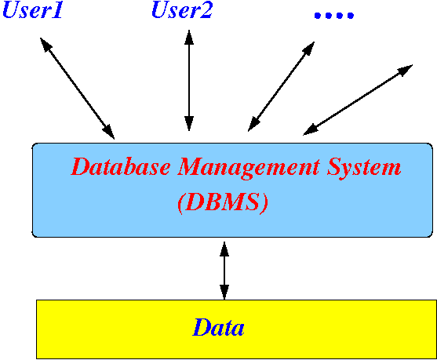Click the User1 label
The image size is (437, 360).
(x=33, y=10)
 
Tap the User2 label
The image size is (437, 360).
(x=182, y=10)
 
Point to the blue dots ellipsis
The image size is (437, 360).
(x=334, y=15)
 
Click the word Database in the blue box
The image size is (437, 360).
(x=120, y=167)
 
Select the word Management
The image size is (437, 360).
(x=249, y=169)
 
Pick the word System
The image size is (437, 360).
(x=364, y=169)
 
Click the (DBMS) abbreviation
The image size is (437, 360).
(x=223, y=202)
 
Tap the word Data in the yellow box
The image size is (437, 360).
(x=218, y=327)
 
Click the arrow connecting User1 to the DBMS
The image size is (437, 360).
(x=77, y=89)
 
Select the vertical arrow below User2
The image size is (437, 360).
(x=189, y=80)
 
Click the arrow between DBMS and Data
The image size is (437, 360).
(x=224, y=271)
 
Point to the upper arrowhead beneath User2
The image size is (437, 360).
(x=189, y=37)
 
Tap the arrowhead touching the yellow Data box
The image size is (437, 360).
(x=224, y=293)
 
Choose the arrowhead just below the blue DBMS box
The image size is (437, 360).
(x=224, y=249)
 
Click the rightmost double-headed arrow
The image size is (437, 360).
(x=358, y=100)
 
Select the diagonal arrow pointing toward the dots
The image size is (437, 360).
(x=281, y=86)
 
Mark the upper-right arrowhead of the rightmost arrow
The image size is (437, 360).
(x=405, y=70)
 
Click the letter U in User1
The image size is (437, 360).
(x=13, y=10)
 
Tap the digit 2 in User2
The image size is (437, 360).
(x=206, y=10)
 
